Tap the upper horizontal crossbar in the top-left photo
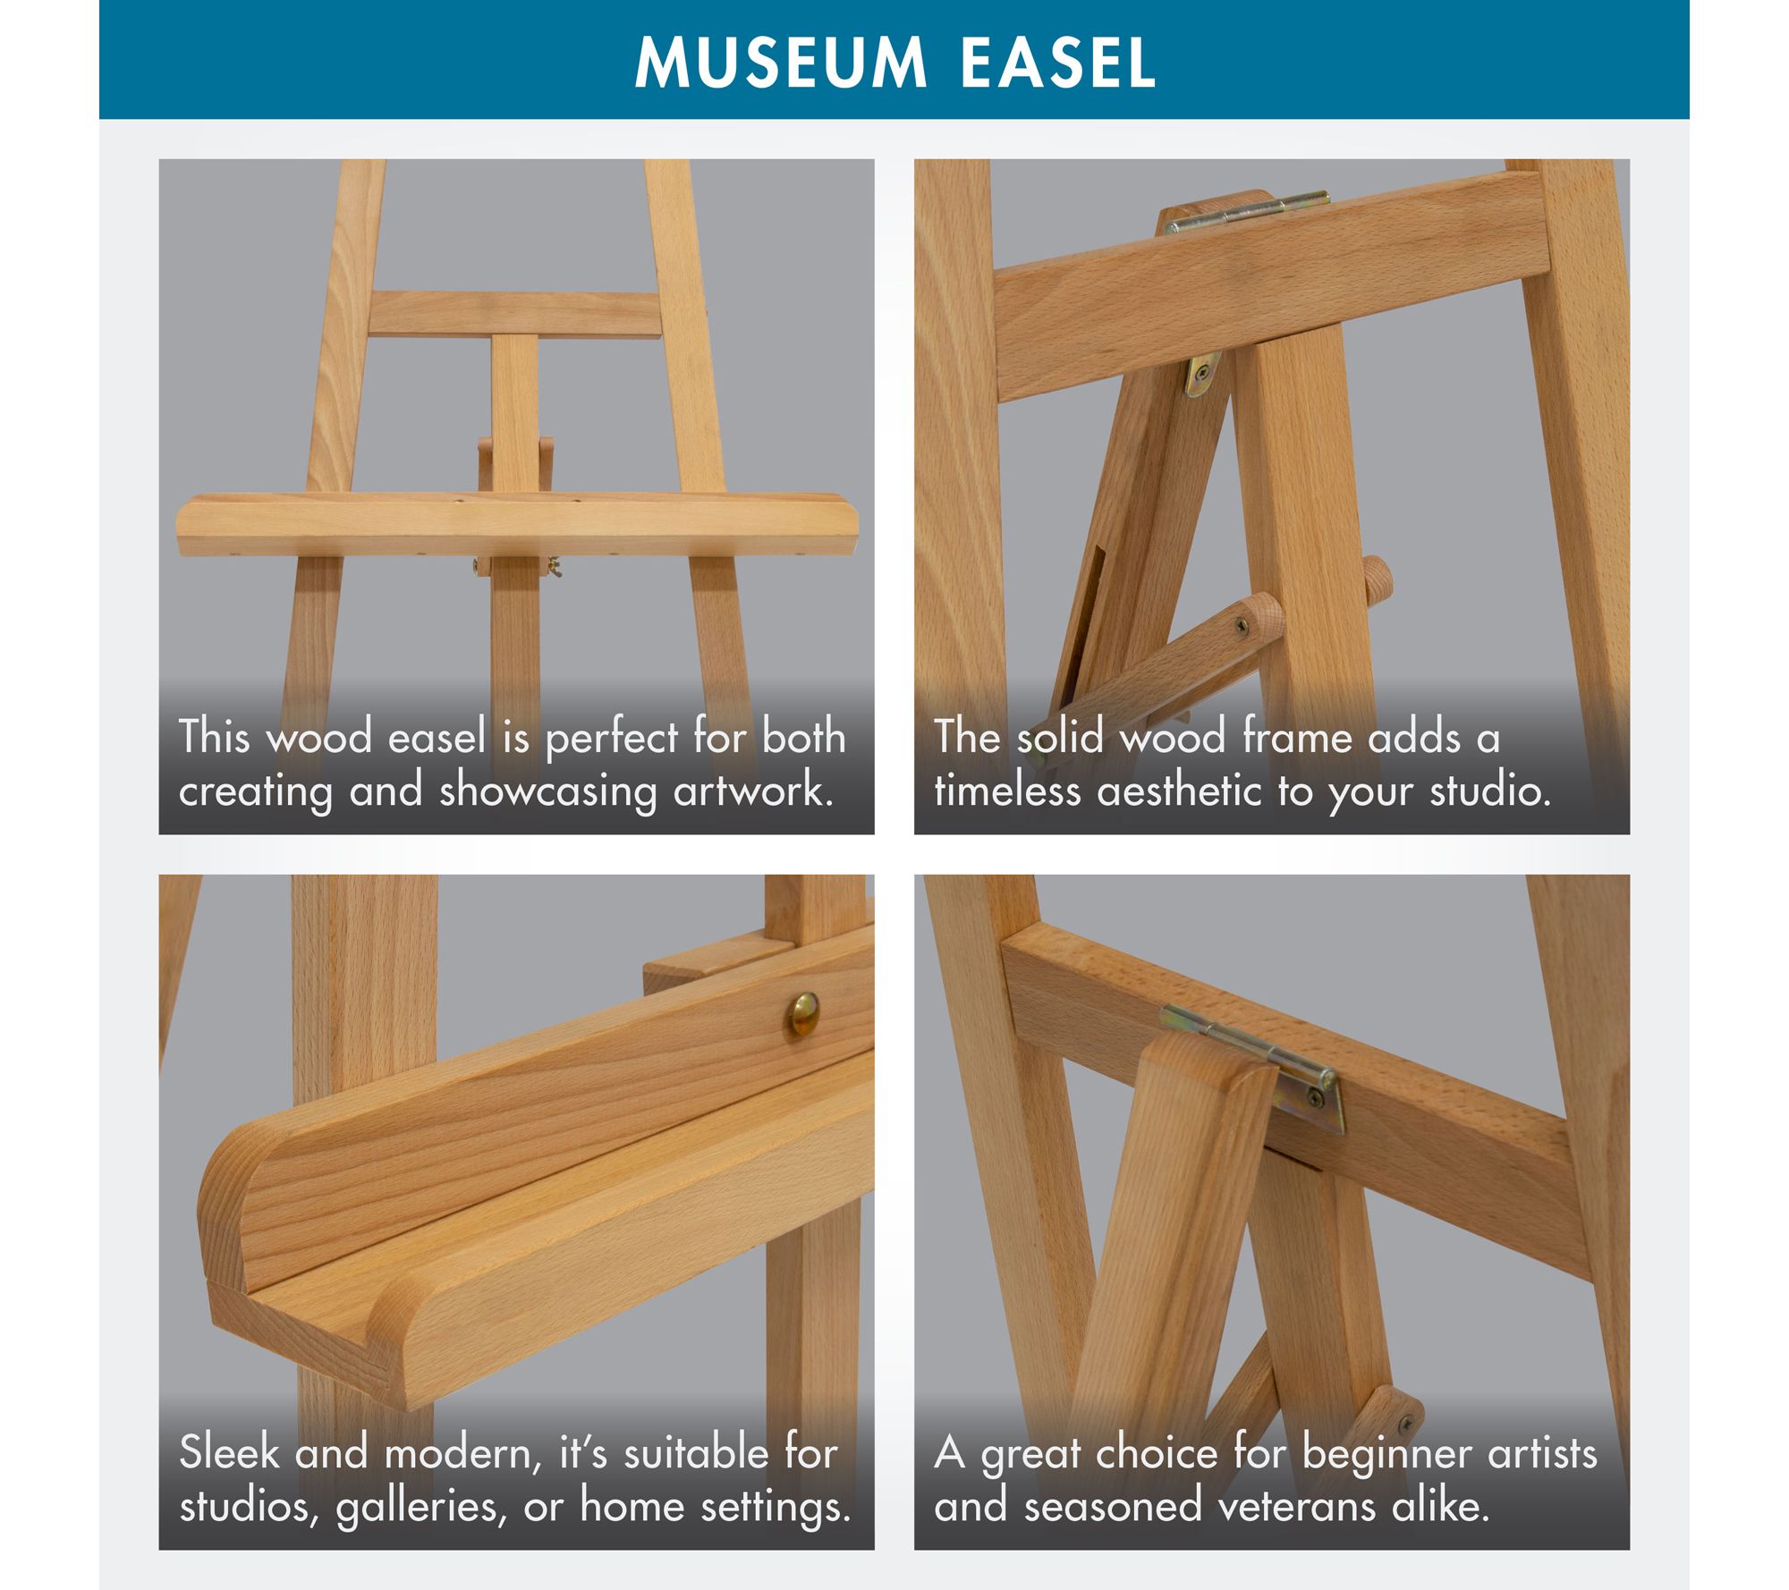tap(515, 313)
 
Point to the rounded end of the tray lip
tap(228, 1203)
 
